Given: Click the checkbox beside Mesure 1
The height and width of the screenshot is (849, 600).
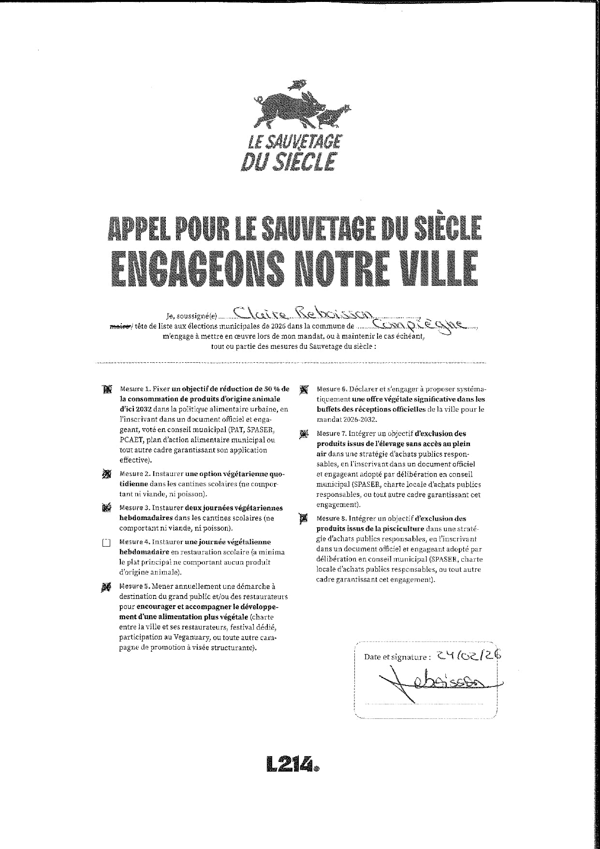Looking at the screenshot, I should (107, 389).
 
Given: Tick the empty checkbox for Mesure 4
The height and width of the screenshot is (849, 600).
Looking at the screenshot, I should (107, 542).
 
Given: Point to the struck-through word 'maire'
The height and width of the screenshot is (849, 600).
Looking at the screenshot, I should (119, 328).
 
